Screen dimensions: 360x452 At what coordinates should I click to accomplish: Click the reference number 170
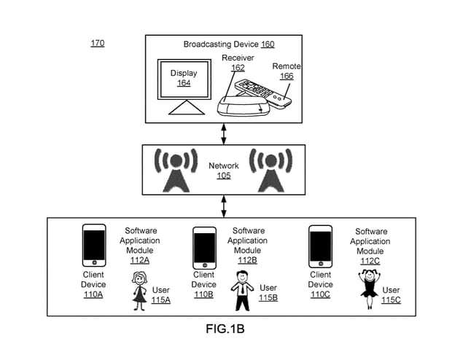coord(97,43)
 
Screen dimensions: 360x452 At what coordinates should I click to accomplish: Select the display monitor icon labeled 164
coord(183,85)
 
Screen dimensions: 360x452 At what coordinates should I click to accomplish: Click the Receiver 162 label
coord(237,63)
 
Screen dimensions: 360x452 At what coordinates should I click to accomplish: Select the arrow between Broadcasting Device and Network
coord(224,133)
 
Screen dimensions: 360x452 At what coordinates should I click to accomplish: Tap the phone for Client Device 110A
coord(93,245)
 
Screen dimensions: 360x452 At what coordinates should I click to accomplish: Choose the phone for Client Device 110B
coord(203,248)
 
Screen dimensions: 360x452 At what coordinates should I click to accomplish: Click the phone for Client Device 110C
coord(320,246)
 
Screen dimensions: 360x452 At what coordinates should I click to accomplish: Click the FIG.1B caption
coord(224,329)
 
